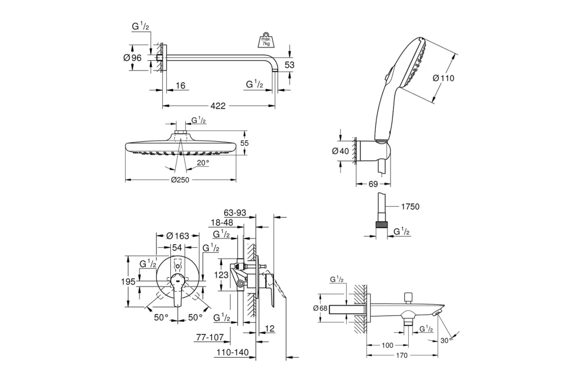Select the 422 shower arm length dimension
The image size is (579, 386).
pos(218,106)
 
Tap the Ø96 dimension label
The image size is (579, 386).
pos(133,57)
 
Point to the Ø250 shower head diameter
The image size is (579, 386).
pos(181,180)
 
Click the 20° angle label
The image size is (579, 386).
pos(202,163)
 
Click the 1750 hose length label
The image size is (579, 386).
pos(409,206)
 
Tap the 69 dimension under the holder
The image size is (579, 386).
pos(373,185)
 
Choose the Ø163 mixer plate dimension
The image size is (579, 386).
pos(178,236)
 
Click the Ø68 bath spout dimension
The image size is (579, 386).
pos(321,308)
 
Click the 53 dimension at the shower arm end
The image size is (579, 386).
pos(289,65)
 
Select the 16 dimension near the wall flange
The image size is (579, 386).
pos(180,86)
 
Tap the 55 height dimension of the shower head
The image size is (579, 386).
pos(244,143)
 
